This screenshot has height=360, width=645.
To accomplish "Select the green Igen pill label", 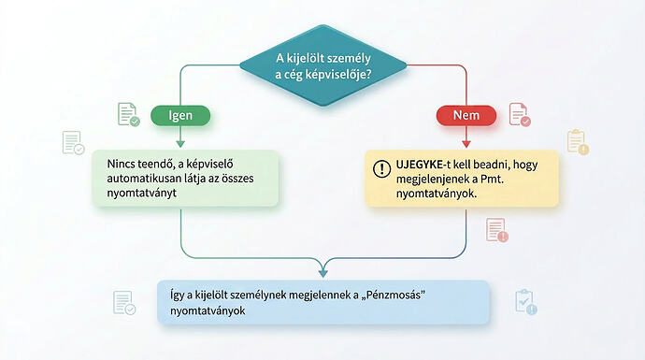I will pyautogui.click(x=179, y=116).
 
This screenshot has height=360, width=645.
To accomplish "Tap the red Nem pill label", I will pyautogui.click(x=466, y=116).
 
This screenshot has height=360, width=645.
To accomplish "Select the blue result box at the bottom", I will pyautogui.click(x=323, y=302).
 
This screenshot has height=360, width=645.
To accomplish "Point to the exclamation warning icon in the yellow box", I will pyautogui.click(x=381, y=168).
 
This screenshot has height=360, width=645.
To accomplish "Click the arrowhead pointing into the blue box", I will pyautogui.click(x=323, y=273).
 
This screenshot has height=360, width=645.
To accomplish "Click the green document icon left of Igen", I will pyautogui.click(x=127, y=114).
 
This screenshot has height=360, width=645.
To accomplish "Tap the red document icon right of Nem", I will pyautogui.click(x=518, y=114).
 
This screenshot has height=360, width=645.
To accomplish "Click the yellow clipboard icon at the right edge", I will pyautogui.click(x=576, y=141).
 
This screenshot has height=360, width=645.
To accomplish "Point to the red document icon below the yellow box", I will pyautogui.click(x=495, y=229).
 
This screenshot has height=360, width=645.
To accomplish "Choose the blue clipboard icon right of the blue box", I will pyautogui.click(x=524, y=301).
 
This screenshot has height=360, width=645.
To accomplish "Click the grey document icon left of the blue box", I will pyautogui.click(x=122, y=302).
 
